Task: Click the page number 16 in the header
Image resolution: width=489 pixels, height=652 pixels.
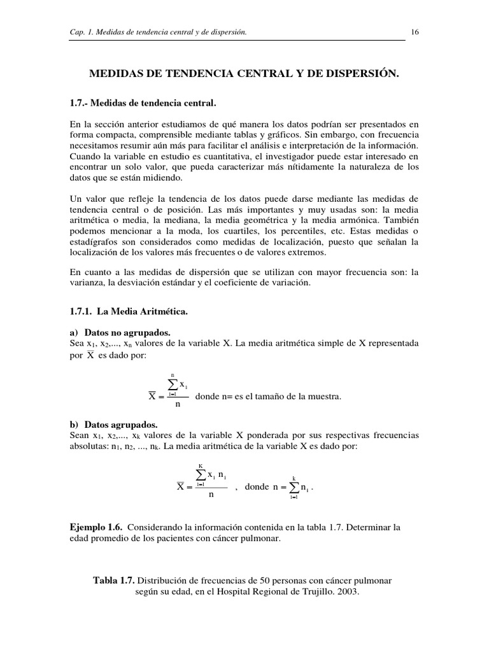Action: coord(415,32)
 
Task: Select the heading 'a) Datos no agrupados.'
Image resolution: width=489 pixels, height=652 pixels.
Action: coord(120,332)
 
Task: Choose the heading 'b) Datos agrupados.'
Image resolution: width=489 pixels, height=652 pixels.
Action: coord(113,425)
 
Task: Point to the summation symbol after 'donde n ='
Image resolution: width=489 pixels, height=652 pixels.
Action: coord(294,488)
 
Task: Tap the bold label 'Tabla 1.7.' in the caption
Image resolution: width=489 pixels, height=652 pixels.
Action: coord(114,581)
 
